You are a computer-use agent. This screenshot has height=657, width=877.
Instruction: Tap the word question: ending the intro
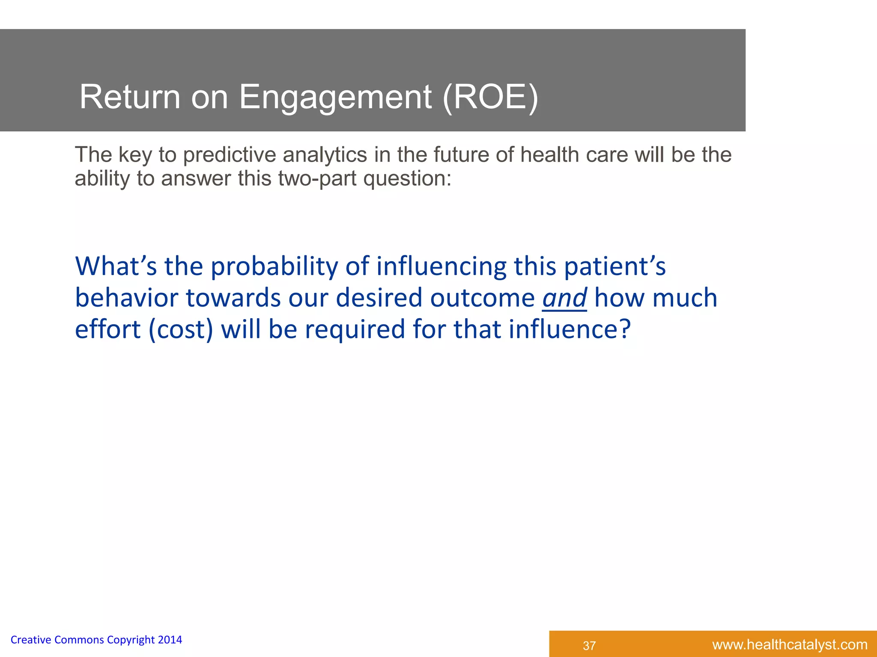407,179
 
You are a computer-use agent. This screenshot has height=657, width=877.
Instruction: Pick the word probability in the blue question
274,267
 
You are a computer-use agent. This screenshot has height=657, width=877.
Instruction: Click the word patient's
614,267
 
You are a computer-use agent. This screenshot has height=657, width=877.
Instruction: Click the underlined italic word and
564,298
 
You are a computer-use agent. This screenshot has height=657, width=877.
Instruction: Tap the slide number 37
589,645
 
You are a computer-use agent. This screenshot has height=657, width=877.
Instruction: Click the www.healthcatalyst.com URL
790,645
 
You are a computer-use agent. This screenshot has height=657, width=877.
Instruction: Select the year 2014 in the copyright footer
170,640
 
